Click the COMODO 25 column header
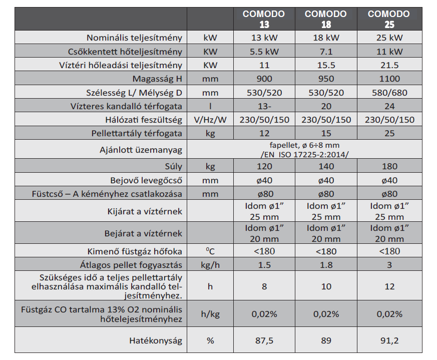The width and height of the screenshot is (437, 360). (389, 19)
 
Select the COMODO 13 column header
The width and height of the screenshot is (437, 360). (264, 19)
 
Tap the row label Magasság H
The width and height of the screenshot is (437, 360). (157, 79)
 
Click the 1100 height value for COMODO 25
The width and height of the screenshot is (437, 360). (389, 79)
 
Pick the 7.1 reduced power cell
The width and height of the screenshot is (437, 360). (326, 52)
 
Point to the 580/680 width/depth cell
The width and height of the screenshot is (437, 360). (389, 93)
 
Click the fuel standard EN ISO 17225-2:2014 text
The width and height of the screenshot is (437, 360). (304, 154)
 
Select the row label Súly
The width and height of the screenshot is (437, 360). (173, 166)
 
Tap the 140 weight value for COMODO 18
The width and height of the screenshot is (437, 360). (326, 166)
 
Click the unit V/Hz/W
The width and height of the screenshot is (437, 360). (210, 120)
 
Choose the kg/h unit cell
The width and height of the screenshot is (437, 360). (210, 265)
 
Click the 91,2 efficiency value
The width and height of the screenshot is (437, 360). (389, 340)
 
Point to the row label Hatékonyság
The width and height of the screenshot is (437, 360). (156, 340)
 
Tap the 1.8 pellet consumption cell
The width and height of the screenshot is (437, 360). (326, 265)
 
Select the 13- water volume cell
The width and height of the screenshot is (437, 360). (264, 106)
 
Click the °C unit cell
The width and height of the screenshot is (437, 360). (210, 251)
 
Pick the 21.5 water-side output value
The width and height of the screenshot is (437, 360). (389, 65)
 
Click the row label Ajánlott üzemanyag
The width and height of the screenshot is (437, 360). (141, 150)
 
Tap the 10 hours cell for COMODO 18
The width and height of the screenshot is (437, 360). (326, 287)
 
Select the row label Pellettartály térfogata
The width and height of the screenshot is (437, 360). (137, 133)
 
